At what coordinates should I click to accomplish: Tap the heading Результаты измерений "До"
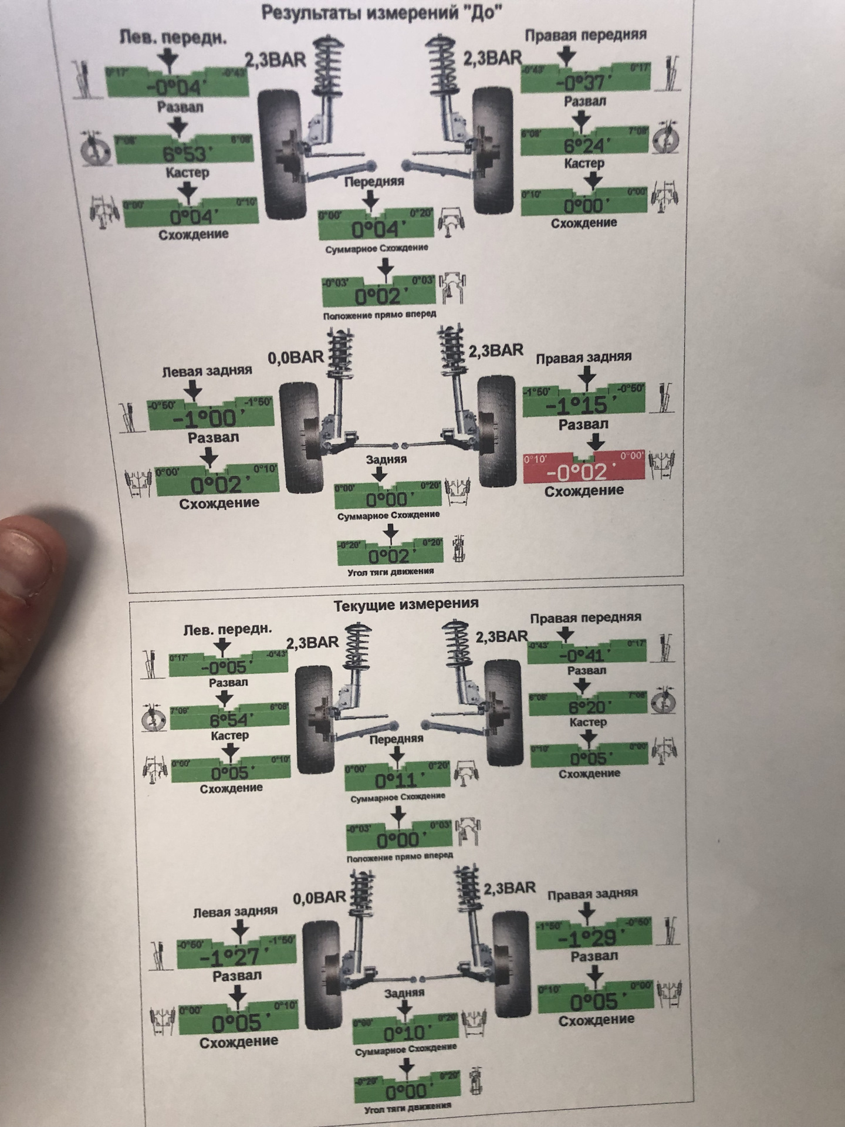(382, 12)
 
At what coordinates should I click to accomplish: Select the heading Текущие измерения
(406, 604)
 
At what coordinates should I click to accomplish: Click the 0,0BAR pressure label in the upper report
(296, 357)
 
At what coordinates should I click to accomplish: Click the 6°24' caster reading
(584, 145)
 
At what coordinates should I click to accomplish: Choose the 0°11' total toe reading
(397, 781)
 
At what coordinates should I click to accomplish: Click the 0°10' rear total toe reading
(405, 1032)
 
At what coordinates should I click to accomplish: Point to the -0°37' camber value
(584, 82)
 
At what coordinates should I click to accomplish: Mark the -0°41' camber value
(586, 655)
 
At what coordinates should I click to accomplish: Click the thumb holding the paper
(29, 558)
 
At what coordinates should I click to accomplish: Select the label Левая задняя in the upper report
(207, 371)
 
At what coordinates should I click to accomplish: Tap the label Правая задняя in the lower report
(592, 895)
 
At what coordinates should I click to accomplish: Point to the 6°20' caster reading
(589, 707)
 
